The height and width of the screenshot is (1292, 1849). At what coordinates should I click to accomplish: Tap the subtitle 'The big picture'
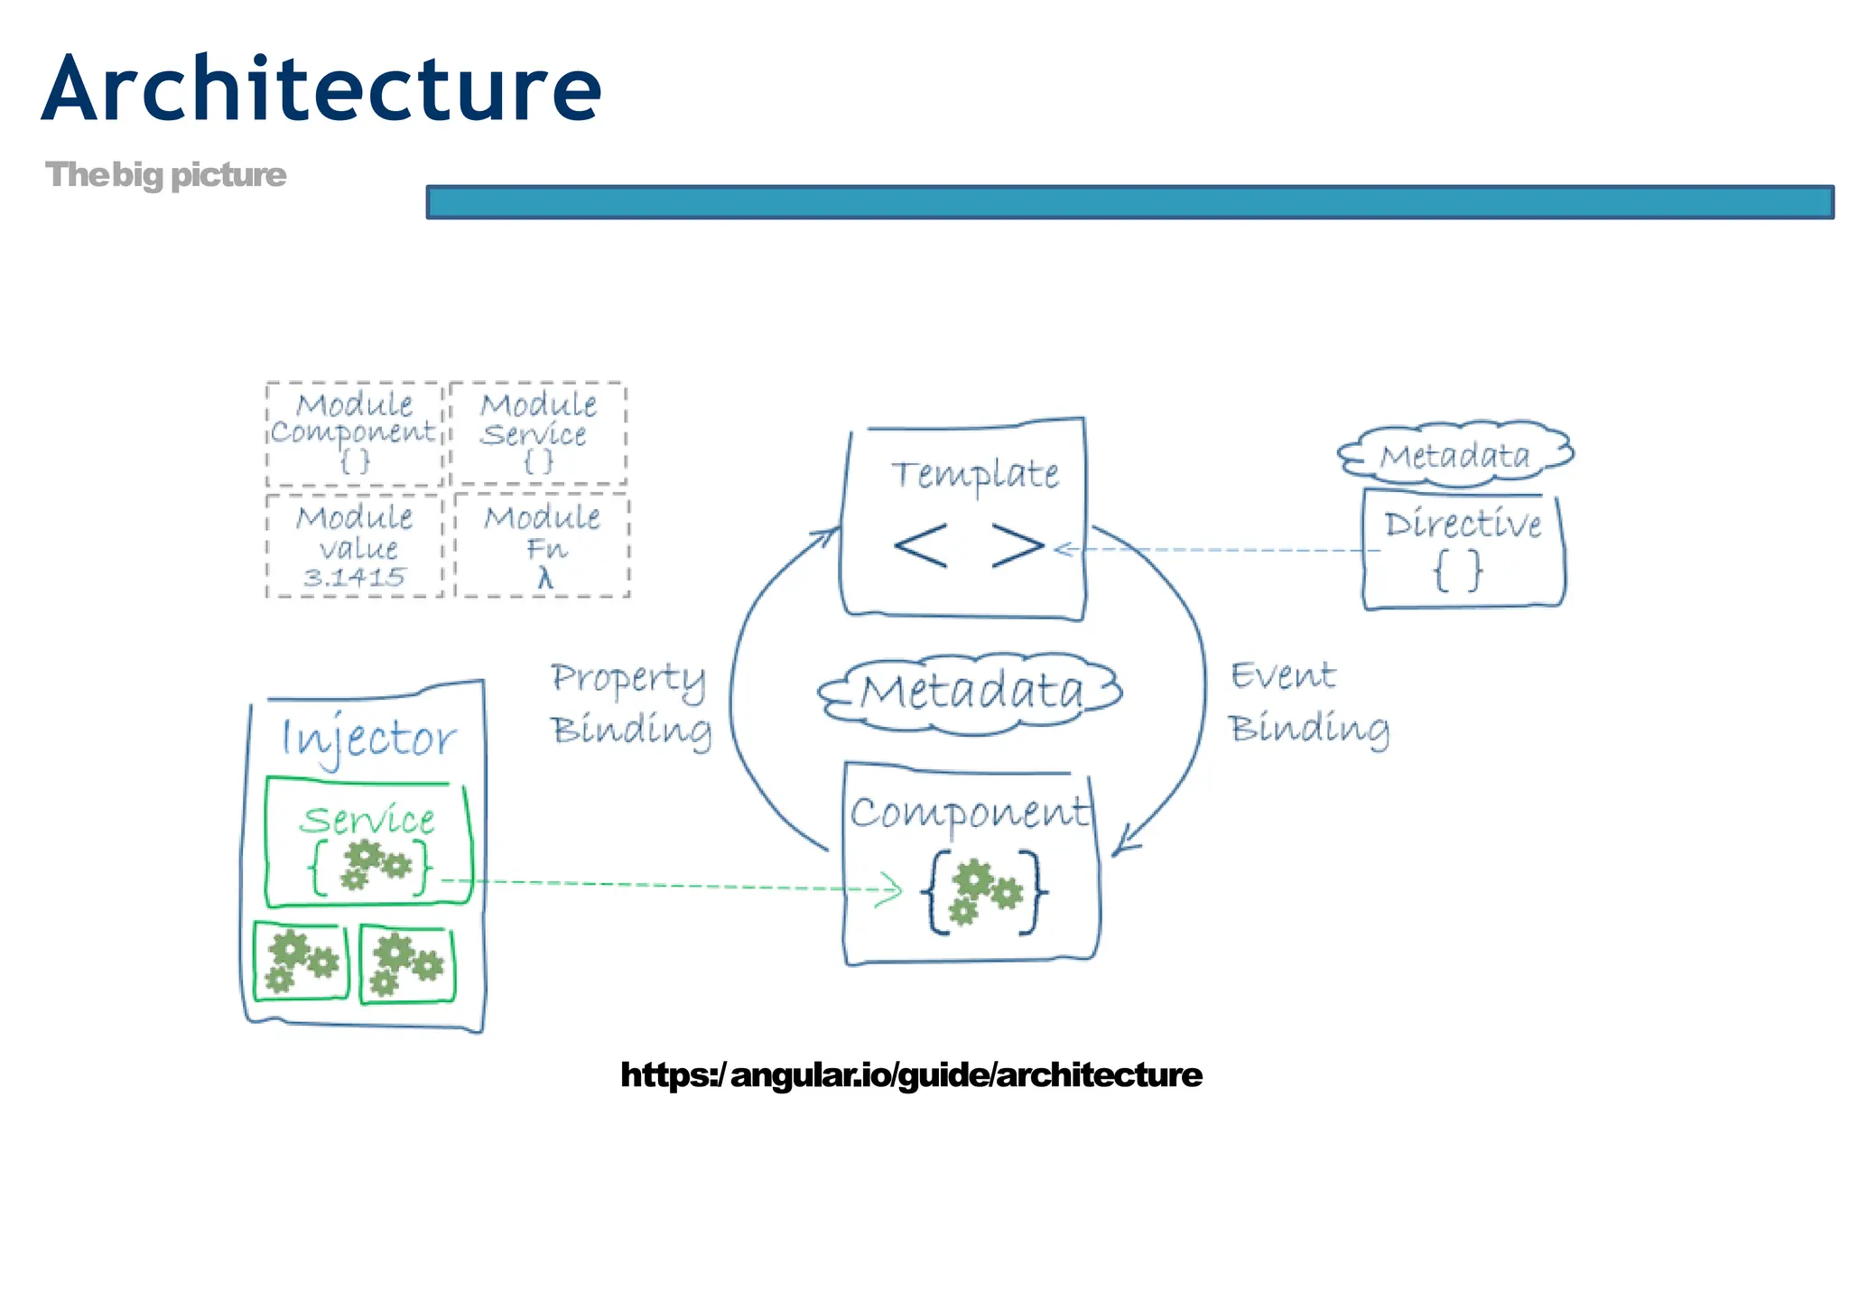[165, 174]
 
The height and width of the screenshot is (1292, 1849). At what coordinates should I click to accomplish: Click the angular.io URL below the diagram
[911, 1074]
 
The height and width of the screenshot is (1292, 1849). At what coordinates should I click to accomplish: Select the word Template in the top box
[975, 474]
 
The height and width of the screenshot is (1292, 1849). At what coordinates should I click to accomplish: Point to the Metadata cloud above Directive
[1455, 454]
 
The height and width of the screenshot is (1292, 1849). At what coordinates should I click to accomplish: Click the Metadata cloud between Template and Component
[971, 692]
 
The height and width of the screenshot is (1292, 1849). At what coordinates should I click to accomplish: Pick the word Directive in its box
[1463, 524]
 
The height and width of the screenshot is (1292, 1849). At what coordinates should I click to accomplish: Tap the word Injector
[368, 739]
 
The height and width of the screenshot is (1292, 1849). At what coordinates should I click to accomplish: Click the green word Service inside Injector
[367, 820]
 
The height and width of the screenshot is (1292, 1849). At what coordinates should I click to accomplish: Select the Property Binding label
[630, 703]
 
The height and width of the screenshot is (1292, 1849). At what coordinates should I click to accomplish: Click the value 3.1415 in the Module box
[354, 577]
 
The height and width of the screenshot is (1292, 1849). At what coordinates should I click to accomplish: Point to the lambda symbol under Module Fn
[544, 577]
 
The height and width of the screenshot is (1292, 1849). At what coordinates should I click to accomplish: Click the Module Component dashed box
[354, 433]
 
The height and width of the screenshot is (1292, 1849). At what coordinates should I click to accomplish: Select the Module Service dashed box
[538, 433]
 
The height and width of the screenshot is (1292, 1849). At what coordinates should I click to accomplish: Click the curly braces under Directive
[1458, 571]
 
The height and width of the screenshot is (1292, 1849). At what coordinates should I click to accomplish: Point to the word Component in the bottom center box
[969, 812]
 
